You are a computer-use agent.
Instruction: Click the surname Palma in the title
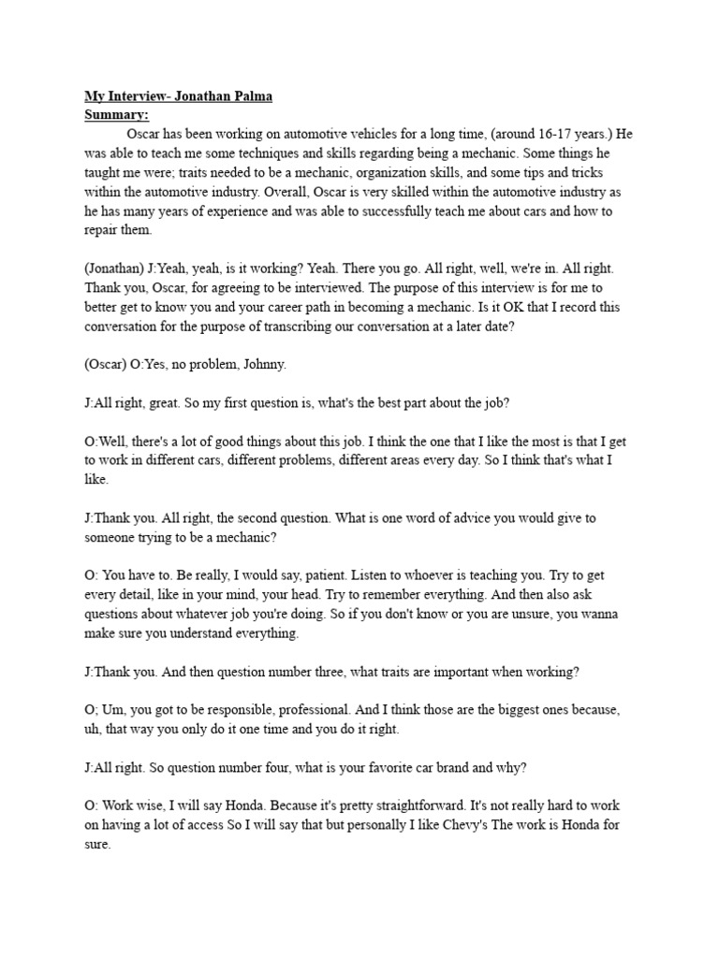pyautogui.click(x=249, y=97)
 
